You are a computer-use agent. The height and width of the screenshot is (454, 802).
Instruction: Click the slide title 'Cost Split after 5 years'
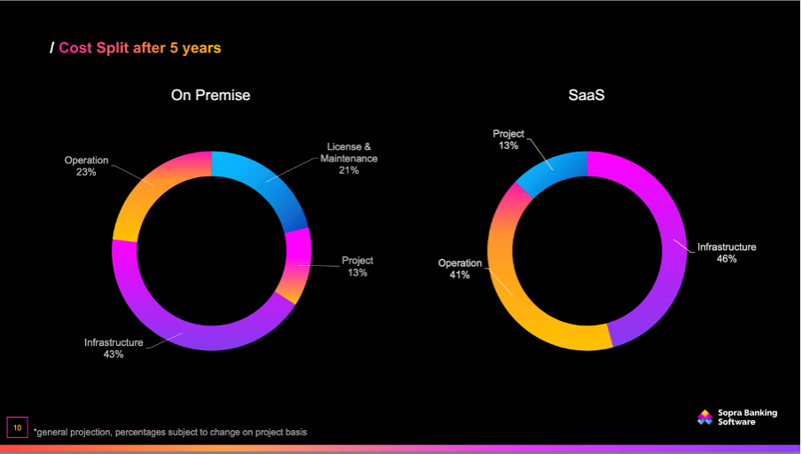tap(139, 48)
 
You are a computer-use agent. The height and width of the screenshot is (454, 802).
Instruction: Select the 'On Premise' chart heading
tap(210, 96)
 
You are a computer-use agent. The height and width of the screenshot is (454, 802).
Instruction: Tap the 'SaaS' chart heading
tap(586, 96)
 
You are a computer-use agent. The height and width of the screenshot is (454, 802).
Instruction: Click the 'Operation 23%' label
tap(86, 166)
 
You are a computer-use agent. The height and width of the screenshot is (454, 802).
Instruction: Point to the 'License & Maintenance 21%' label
tap(349, 158)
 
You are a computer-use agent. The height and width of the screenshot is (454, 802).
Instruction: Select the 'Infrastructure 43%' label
tap(114, 348)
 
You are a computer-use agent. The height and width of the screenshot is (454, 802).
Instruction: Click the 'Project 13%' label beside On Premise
tap(358, 266)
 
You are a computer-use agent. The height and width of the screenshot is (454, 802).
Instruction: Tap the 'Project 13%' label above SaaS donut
tap(508, 139)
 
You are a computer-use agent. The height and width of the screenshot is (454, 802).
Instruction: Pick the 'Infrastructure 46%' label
tap(727, 253)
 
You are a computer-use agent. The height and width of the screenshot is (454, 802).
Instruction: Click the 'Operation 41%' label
tap(460, 269)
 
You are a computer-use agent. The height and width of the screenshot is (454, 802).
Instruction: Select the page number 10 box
tap(17, 427)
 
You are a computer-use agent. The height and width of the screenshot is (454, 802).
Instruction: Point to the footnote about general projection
tap(170, 432)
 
